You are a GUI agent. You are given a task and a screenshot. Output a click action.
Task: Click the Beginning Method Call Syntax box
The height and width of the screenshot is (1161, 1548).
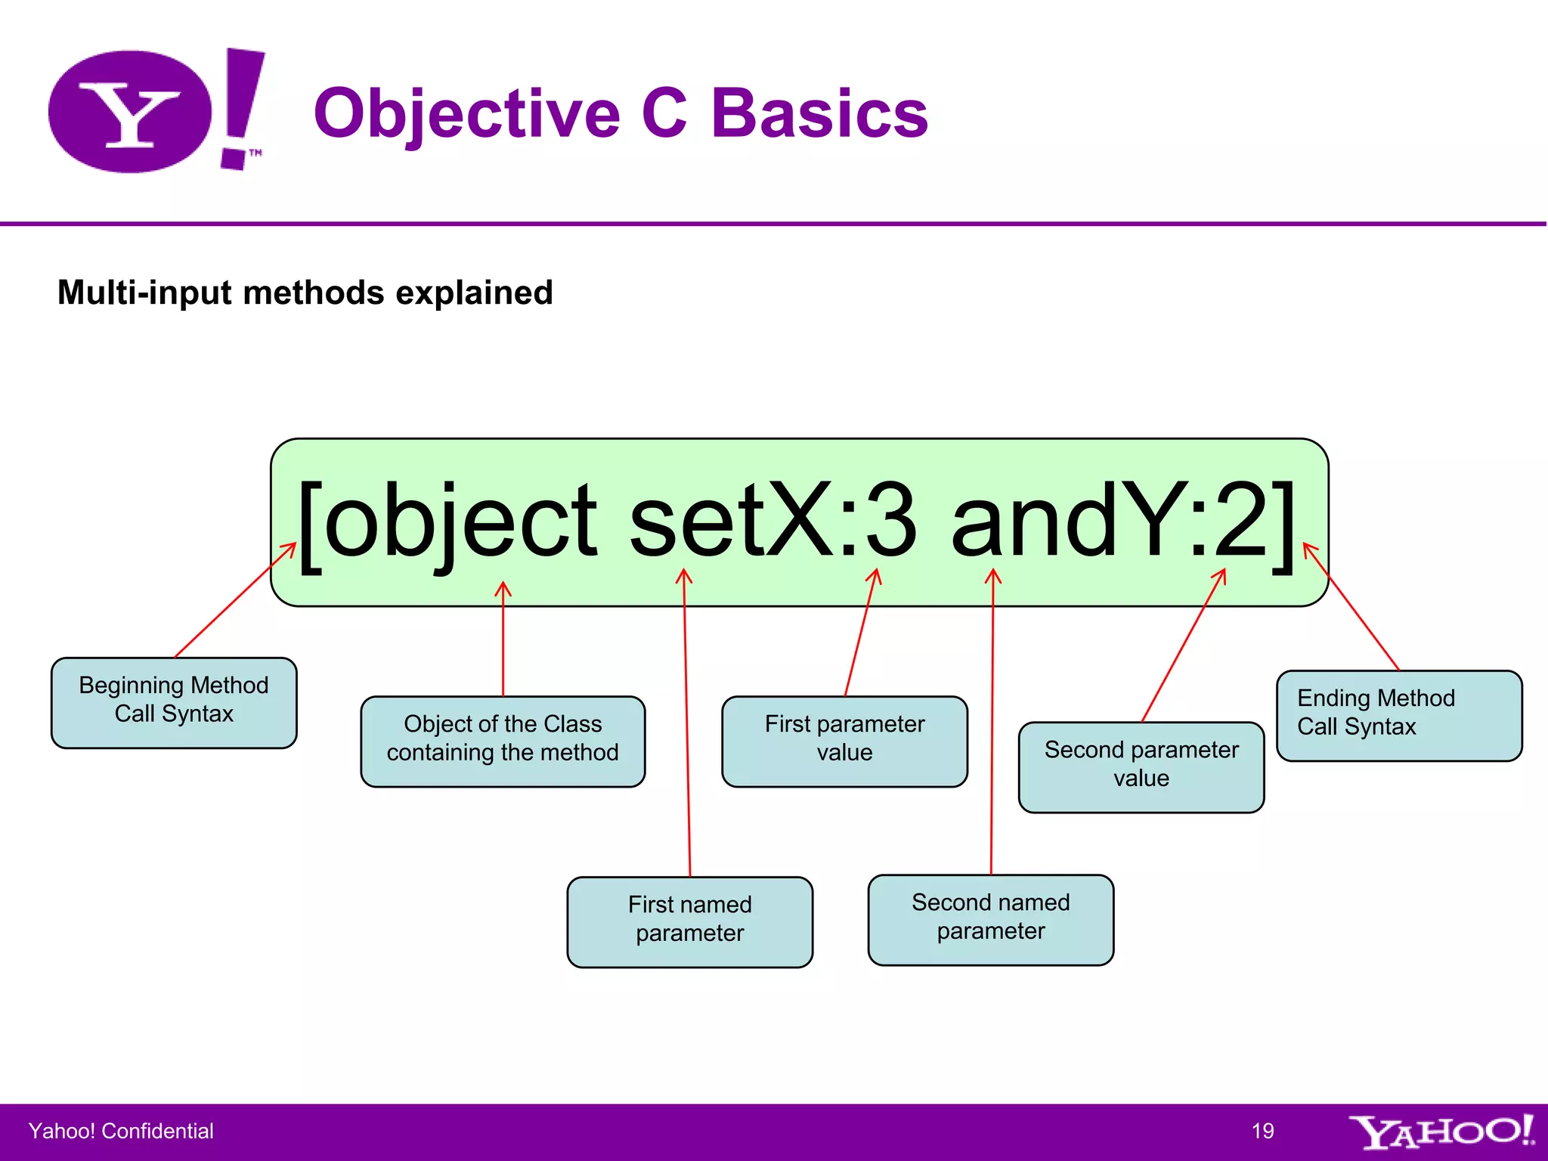pyautogui.click(x=174, y=702)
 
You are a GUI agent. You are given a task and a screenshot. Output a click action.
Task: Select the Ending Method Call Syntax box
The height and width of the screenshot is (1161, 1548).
pyautogui.click(x=1398, y=715)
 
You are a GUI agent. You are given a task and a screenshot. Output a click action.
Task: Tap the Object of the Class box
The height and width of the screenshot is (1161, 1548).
pyautogui.click(x=503, y=741)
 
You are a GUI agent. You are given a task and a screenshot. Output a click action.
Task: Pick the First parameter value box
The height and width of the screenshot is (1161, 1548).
pyautogui.click(x=844, y=741)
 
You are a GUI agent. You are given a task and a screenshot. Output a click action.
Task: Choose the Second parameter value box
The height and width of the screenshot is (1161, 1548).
pyautogui.click(x=1141, y=766)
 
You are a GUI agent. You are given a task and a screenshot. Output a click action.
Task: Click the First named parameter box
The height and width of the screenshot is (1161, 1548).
pyautogui.click(x=689, y=921)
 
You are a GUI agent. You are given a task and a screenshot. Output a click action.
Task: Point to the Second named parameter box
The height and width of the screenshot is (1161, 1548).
pyautogui.click(x=990, y=919)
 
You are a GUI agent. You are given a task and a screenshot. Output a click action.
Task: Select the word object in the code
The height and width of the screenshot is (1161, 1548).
pyautogui.click(x=461, y=522)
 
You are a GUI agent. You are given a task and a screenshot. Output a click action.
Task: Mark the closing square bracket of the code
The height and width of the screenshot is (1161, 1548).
pyautogui.click(x=1283, y=525)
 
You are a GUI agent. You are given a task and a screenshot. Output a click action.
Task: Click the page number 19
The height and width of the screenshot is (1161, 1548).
pyautogui.click(x=1262, y=1131)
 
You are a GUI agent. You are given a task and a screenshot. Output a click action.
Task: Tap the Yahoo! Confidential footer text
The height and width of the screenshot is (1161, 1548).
pyautogui.click(x=121, y=1131)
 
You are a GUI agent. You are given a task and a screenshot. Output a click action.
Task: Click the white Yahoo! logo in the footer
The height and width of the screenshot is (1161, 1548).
pyautogui.click(x=1441, y=1132)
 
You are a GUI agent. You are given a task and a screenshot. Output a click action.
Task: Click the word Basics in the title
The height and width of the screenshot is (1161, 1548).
pyautogui.click(x=819, y=113)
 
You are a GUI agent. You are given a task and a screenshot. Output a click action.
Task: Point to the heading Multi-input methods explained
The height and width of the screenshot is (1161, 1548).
pyautogui.click(x=305, y=293)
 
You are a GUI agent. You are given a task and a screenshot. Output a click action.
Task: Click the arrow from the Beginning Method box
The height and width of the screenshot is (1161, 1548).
pyautogui.click(x=234, y=601)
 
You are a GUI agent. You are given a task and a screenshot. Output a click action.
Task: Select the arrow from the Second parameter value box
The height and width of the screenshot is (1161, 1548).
pyautogui.click(x=1183, y=646)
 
